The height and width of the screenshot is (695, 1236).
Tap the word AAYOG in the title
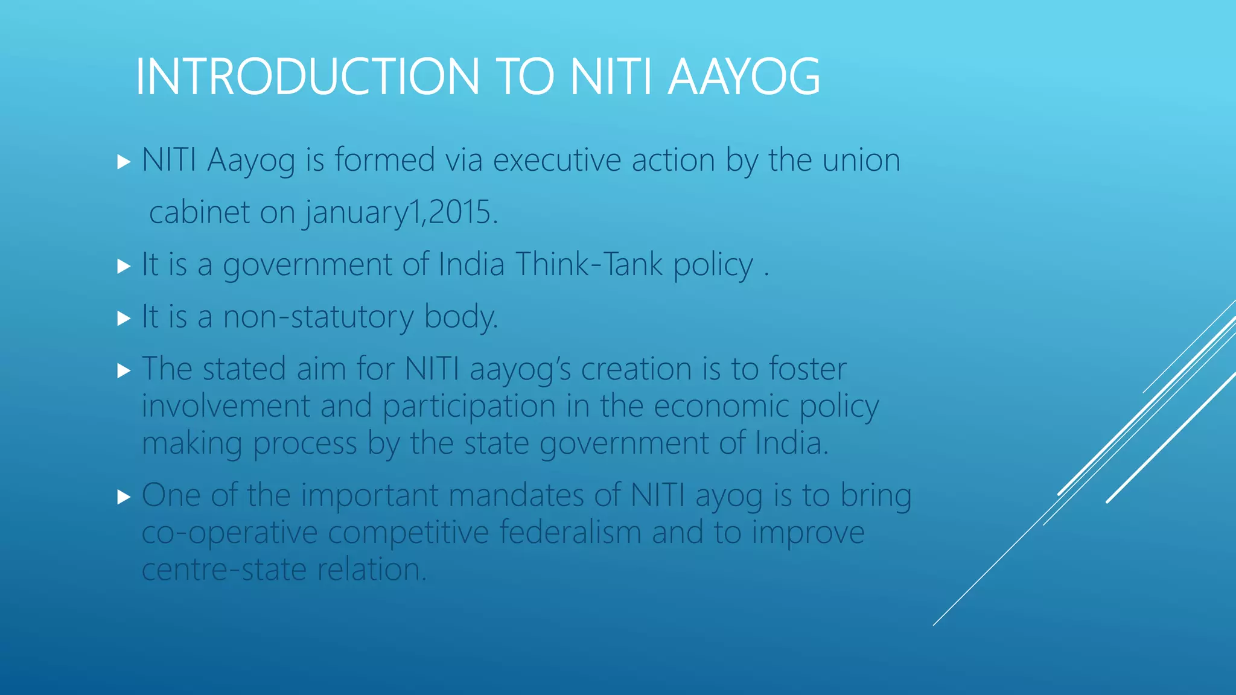click(x=744, y=77)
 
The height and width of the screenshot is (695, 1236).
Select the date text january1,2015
click(x=401, y=213)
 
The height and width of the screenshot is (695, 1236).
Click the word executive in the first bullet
click(x=557, y=160)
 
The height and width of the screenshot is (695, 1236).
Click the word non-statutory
click(x=318, y=317)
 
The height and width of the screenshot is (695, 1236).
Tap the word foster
click(x=808, y=369)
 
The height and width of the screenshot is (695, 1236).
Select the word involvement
click(x=226, y=406)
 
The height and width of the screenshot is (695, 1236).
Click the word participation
click(x=469, y=407)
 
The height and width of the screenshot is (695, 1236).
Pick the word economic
click(x=721, y=406)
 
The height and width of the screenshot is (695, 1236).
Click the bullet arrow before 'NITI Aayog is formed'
click(x=124, y=162)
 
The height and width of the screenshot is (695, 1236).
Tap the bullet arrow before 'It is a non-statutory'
click(x=124, y=318)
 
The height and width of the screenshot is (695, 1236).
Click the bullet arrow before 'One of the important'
click(x=124, y=497)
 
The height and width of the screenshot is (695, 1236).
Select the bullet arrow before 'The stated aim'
click(x=124, y=370)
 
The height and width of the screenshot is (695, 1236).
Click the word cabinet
click(x=199, y=213)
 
